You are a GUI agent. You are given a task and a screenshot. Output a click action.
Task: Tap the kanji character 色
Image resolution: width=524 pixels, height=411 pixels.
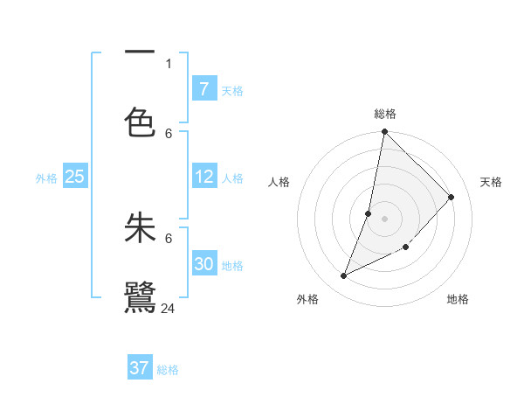[x=140, y=121]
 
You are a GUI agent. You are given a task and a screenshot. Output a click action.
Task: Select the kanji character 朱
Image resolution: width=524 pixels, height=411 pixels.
[x=140, y=227]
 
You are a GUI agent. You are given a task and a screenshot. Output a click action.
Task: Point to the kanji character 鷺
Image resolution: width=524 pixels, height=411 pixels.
[x=140, y=297]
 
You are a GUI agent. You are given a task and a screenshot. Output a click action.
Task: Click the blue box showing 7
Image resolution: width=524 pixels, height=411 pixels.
[x=204, y=88]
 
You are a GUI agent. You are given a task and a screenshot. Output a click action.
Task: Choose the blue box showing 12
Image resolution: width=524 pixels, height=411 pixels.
[x=204, y=177]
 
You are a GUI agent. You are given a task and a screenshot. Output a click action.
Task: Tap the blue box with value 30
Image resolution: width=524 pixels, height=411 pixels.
[x=204, y=264]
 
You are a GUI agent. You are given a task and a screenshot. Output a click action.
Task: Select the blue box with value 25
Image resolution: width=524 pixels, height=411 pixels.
[x=75, y=177]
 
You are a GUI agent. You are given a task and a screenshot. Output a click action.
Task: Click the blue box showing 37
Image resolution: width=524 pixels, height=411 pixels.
[x=140, y=368]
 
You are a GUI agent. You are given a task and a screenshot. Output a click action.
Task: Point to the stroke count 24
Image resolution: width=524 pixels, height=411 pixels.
[x=169, y=308]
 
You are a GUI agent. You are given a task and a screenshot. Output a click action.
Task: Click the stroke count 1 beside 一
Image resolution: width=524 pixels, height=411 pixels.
[x=169, y=63]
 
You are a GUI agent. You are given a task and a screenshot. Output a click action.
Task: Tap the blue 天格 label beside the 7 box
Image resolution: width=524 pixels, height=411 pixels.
[x=232, y=90]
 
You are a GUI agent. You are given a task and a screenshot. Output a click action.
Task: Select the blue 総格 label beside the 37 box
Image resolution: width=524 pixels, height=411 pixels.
[x=168, y=370]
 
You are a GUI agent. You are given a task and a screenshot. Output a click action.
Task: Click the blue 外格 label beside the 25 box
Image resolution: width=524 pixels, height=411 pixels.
[x=46, y=178]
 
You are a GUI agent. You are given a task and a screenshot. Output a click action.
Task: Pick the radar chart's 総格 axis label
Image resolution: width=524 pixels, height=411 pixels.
[x=385, y=114]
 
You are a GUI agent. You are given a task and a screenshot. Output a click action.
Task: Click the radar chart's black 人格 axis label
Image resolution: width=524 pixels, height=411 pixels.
[x=279, y=182]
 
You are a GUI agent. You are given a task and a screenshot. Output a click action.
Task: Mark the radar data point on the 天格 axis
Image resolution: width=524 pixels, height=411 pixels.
[x=452, y=197]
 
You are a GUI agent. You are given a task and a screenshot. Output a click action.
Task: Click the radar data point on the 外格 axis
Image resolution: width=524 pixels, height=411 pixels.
[x=344, y=276]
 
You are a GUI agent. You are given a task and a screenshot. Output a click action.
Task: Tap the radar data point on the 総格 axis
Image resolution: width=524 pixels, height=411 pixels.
[x=384, y=132]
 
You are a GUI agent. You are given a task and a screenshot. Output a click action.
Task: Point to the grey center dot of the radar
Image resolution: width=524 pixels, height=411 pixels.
[x=384, y=219]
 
